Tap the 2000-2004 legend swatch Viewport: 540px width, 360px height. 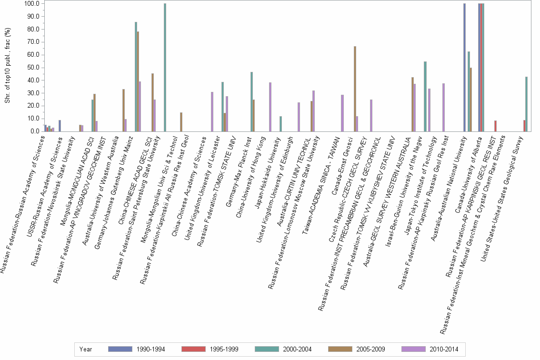click(x=268, y=349)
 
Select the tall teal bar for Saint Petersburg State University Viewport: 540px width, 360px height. click(x=165, y=67)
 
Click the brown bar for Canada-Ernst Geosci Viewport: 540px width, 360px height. click(x=355, y=89)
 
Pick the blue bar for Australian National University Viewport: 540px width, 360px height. click(x=464, y=67)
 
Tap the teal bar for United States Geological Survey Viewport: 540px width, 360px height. click(x=526, y=104)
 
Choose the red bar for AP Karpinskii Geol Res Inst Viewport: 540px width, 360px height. click(x=495, y=126)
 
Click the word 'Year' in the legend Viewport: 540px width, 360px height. click(x=86, y=349)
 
